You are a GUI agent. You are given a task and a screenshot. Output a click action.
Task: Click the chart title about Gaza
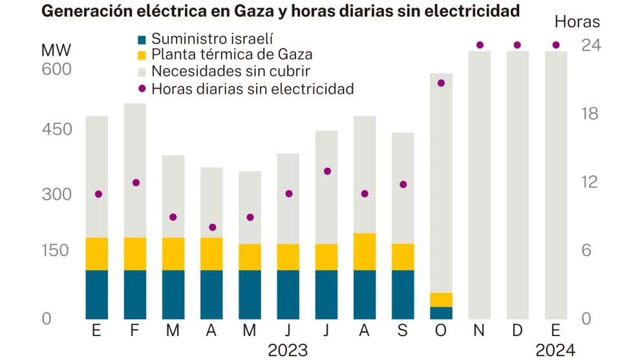tap(281, 11)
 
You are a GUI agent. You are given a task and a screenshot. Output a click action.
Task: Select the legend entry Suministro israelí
tap(208, 40)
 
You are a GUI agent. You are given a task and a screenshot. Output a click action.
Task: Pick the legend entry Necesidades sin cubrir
tap(230, 71)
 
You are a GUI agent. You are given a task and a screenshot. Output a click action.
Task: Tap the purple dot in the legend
tap(142, 89)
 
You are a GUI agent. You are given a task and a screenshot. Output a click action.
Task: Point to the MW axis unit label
tap(56, 51)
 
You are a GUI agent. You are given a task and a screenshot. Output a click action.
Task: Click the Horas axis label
tap(577, 22)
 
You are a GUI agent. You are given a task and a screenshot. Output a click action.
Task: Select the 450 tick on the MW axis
tap(56, 129)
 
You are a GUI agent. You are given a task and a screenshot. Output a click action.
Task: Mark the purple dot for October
tap(442, 83)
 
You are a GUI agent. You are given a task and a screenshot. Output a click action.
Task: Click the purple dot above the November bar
tap(480, 45)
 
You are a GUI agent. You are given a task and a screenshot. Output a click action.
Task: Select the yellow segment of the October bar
tap(442, 300)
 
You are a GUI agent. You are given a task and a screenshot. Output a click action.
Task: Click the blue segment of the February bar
tap(135, 294)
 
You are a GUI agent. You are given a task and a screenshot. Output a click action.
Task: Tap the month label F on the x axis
tap(135, 331)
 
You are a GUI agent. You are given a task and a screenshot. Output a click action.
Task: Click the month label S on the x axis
tap(403, 331)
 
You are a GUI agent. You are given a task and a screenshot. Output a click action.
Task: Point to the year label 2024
tap(555, 350)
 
